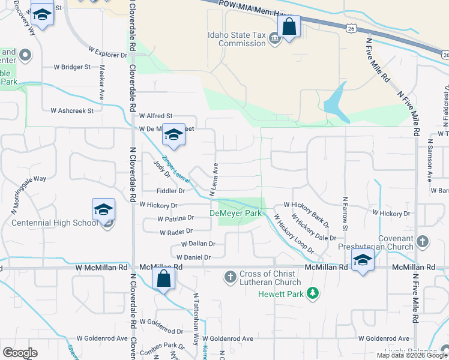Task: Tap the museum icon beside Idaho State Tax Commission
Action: (274, 39)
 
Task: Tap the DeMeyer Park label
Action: (235, 213)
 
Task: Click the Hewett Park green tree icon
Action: (312, 293)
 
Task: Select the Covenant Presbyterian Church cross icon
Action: (423, 242)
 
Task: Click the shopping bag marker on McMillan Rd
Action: (163, 279)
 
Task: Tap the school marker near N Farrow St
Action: (363, 261)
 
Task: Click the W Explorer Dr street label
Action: (107, 55)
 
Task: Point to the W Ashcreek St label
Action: (72, 110)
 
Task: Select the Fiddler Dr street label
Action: (169, 191)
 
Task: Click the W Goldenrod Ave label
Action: (384, 338)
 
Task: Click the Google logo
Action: (20, 353)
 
